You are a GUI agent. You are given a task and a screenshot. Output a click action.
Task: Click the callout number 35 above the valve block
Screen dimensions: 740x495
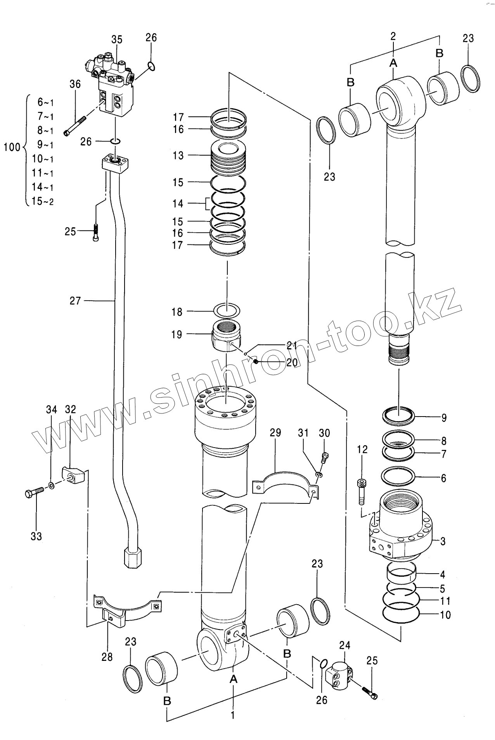pyautogui.click(x=117, y=40)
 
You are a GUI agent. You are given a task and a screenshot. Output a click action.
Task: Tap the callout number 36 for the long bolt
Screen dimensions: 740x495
pyautogui.click(x=75, y=84)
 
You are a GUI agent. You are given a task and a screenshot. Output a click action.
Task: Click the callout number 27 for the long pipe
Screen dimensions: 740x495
pyautogui.click(x=75, y=301)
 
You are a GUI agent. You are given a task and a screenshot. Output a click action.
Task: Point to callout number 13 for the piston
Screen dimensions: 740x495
pyautogui.click(x=178, y=156)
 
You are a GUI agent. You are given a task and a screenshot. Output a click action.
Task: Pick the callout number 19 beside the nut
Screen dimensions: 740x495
pyautogui.click(x=177, y=334)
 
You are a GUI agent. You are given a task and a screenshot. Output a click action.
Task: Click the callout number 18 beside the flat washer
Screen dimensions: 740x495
pyautogui.click(x=177, y=312)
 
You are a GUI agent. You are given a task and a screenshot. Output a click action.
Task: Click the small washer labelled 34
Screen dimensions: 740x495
pyautogui.click(x=52, y=485)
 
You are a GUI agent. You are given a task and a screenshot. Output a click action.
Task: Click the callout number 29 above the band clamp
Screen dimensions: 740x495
pyautogui.click(x=275, y=432)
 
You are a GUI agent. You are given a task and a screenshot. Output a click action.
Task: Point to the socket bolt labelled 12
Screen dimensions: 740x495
pyautogui.click(x=361, y=493)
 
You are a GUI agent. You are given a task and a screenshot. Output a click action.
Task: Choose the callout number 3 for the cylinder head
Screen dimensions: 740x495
pyautogui.click(x=443, y=541)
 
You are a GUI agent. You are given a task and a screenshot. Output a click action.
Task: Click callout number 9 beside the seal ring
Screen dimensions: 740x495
pyautogui.click(x=444, y=418)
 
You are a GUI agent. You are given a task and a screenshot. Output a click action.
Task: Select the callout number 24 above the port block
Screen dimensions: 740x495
pyautogui.click(x=344, y=645)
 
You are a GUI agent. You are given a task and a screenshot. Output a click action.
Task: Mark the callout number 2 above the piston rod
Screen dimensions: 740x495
pyautogui.click(x=393, y=36)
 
